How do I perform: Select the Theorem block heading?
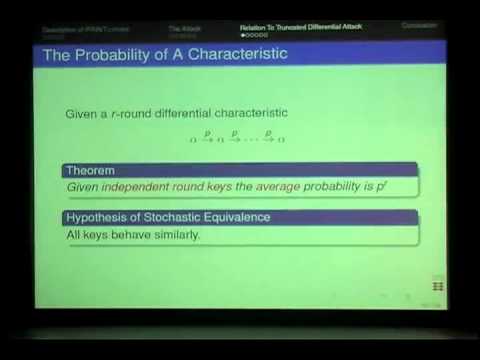point(88,170)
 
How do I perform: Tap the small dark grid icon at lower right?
point(437,284)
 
